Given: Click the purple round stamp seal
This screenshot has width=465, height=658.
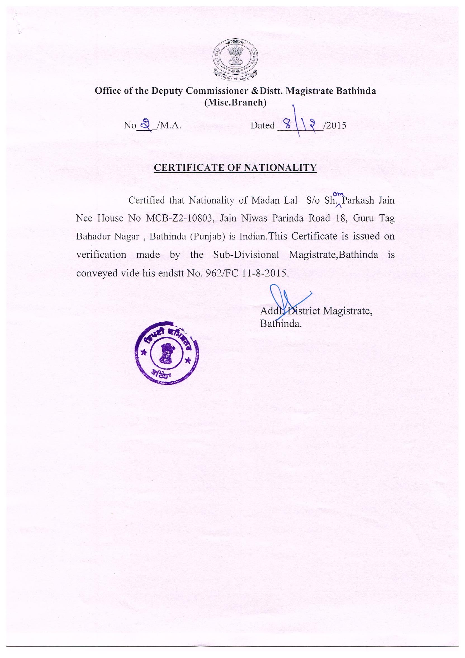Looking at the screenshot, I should [x=167, y=353].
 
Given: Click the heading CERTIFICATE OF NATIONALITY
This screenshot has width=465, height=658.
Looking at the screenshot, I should [x=235, y=167].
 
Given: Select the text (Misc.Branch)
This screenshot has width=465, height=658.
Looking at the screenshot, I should [x=235, y=102].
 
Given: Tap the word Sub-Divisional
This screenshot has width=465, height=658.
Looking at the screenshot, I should [x=246, y=255].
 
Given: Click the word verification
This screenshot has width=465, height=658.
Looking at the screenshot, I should [x=101, y=255].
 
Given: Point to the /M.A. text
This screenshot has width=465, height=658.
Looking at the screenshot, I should [x=169, y=126].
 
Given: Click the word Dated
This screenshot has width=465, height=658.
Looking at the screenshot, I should [x=263, y=126].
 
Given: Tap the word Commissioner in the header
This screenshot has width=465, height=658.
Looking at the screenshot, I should [x=225, y=91].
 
